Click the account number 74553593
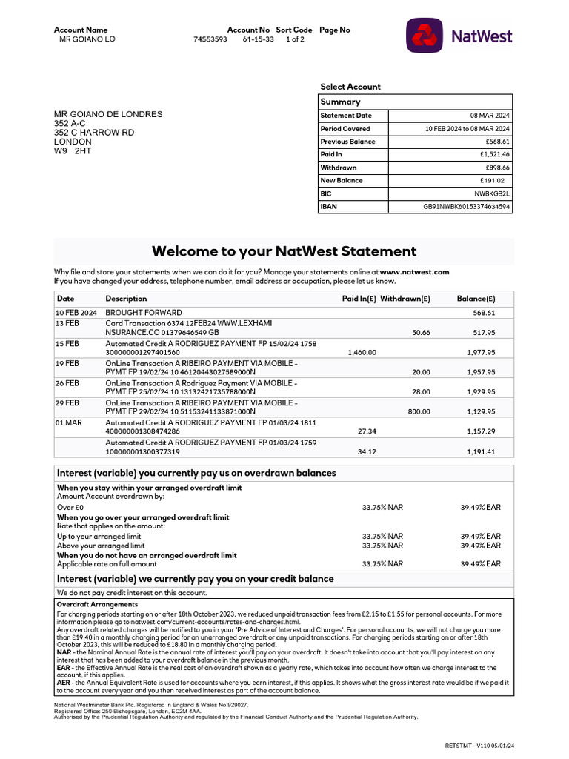tap(210, 39)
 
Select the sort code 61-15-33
tap(258, 39)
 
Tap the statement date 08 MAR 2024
tap(490, 116)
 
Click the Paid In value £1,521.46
tap(495, 155)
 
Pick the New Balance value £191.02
tap(492, 181)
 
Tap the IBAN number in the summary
tap(466, 207)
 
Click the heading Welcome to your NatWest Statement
tap(284, 251)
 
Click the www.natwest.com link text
tap(414, 272)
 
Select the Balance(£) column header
tap(476, 299)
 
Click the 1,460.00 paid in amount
tap(362, 353)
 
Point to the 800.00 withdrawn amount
tap(419, 411)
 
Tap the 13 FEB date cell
tap(67, 324)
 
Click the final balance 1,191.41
tap(481, 451)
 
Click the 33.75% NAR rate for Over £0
tap(382, 508)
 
